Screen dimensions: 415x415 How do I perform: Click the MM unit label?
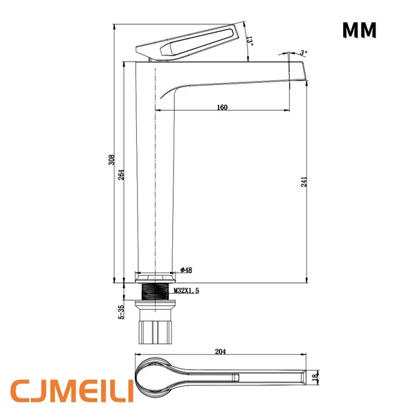tap(359, 30)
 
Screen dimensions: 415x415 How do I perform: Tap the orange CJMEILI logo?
tap(72, 391)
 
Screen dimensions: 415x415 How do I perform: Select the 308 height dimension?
tap(111, 160)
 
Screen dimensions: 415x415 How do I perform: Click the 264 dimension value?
tap(121, 175)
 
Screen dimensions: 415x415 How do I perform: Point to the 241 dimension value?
tap(304, 182)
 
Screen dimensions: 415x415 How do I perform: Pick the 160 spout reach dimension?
tap(222, 107)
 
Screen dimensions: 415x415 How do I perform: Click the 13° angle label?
tap(250, 41)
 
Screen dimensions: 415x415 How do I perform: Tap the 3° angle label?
tap(304, 53)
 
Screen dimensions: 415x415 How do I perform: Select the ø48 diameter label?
tap(186, 270)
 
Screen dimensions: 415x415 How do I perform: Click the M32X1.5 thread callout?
tap(186, 291)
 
